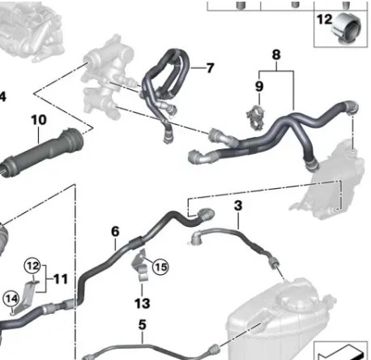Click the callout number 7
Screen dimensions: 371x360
(210, 67)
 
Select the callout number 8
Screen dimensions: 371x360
(276, 55)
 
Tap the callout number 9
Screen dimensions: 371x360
(259, 87)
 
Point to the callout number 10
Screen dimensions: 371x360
(39, 120)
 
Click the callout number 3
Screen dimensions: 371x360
(238, 205)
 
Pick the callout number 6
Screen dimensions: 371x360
(115, 232)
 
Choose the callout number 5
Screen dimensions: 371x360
(143, 324)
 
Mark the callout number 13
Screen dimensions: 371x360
(142, 303)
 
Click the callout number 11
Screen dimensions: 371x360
(61, 279)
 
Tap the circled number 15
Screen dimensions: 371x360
(160, 267)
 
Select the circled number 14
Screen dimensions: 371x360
(11, 299)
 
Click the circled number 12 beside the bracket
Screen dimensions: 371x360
(32, 266)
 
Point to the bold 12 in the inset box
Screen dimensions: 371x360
(324, 19)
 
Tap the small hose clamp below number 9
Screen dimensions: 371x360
(255, 117)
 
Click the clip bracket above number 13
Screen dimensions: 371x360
(140, 266)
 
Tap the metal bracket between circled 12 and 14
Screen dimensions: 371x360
(25, 297)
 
